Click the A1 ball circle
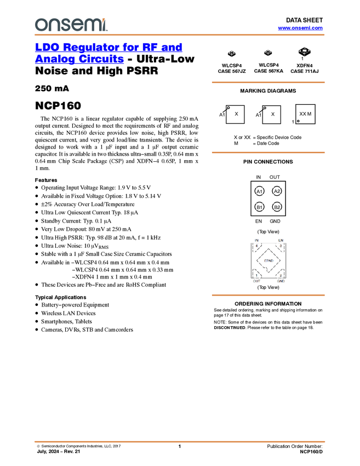[260, 191]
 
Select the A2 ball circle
[277, 191]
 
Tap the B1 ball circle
[260, 207]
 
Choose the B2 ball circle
[277, 207]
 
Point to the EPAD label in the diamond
[268, 260]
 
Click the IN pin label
[256, 240]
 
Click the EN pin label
[281, 240]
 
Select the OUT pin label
[256, 281]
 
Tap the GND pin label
[281, 281]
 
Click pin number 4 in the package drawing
[256, 246]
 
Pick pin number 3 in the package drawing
[281, 246]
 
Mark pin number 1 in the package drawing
[256, 275]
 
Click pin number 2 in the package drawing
[281, 275]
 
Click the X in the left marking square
[236, 114]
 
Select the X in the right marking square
[272, 114]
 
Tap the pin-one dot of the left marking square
[228, 108]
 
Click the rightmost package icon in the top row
[304, 52]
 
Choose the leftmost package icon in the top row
[232, 53]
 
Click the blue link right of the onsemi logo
[300, 28]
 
